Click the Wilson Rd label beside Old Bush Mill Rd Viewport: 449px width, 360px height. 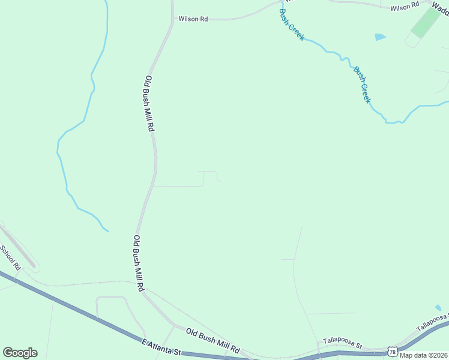click(193, 19)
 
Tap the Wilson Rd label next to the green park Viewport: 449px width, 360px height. click(404, 7)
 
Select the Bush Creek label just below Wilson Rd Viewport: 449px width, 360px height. click(292, 25)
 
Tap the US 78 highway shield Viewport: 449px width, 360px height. click(393, 349)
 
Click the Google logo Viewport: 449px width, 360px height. click(20, 353)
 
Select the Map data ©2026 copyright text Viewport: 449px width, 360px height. click(424, 355)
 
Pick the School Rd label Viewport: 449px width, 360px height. click(10, 257)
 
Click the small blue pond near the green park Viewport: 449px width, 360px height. click(380, 37)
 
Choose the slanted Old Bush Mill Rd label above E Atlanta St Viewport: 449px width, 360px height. click(212, 341)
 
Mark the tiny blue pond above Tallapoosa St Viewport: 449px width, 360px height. click(438, 308)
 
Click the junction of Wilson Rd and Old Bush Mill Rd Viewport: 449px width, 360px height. click(173, 19)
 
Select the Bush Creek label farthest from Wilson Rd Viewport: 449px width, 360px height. click(361, 85)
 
